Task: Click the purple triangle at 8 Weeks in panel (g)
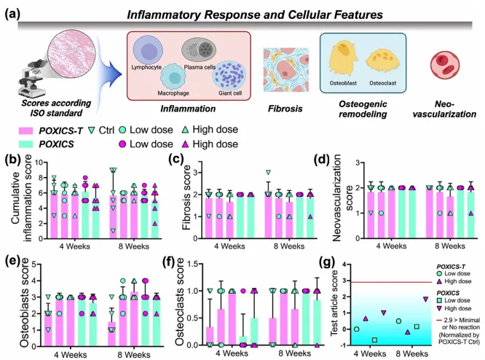coord(425,300)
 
